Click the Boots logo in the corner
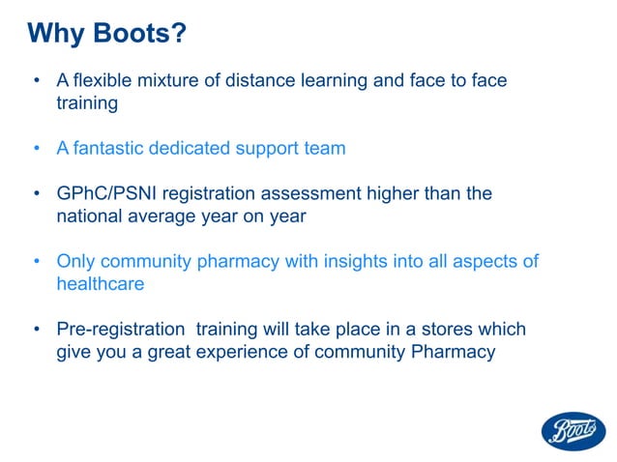pos(573,430)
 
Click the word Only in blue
pos(75,262)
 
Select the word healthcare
pos(100,284)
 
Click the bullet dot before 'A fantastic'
pos(37,149)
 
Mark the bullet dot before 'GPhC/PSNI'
pos(37,194)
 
